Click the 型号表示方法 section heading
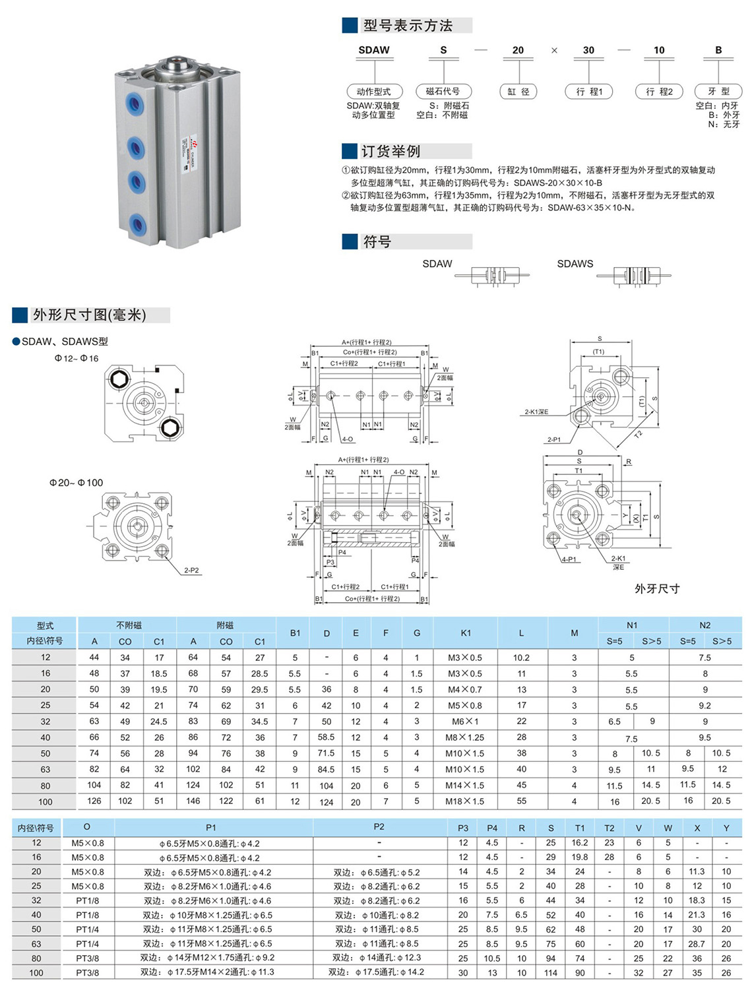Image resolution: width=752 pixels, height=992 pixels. point(408,26)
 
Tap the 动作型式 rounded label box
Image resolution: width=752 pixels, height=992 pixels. point(373,92)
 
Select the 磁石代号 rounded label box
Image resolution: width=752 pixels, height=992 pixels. point(443,92)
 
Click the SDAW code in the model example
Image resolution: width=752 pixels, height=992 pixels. point(374,50)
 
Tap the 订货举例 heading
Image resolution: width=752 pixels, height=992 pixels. point(391,151)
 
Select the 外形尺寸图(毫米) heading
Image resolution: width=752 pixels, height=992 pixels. point(90,315)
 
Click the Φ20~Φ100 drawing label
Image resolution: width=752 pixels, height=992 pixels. point(76,483)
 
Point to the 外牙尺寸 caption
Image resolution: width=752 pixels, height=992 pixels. point(656,588)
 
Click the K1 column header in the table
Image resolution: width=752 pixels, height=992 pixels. point(466,633)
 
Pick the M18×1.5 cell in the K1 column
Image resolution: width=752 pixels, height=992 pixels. point(464,801)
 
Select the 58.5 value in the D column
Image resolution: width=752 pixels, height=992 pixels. point(326,737)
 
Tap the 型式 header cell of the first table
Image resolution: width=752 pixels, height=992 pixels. point(45,625)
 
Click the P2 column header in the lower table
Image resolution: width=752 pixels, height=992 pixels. point(379,827)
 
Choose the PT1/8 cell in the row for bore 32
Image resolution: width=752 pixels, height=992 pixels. point(87,900)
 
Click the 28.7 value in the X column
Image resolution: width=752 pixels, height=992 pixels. point(697,944)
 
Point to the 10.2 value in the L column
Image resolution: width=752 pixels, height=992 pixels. point(521,658)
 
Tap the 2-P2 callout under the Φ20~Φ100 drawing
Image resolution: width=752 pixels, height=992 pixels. point(191,570)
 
